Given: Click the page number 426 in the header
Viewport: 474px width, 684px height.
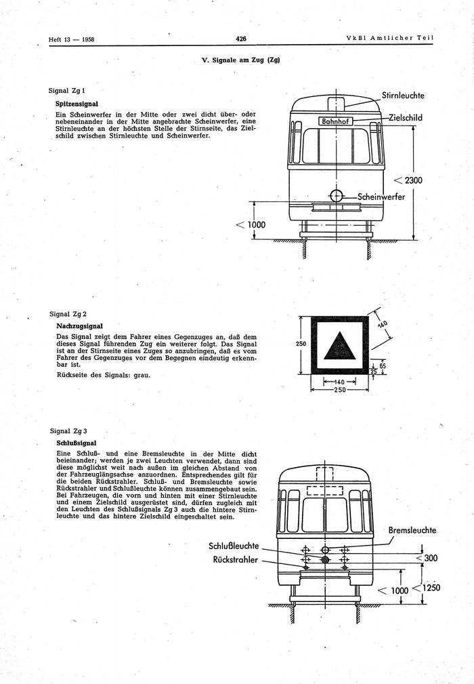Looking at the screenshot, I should click(x=240, y=39).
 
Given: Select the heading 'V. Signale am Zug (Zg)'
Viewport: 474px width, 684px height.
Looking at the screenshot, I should click(x=241, y=60).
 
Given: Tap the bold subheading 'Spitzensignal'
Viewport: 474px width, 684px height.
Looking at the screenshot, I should click(x=77, y=104).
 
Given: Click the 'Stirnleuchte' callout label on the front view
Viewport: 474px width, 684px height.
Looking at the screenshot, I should click(x=403, y=96).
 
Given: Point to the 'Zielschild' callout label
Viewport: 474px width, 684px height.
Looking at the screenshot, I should click(x=405, y=117).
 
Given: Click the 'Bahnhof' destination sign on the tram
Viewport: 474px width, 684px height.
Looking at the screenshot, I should click(x=335, y=122).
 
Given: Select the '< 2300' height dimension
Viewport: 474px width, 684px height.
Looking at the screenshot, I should click(x=407, y=180).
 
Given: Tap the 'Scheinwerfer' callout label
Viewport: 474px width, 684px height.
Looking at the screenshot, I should click(x=381, y=197).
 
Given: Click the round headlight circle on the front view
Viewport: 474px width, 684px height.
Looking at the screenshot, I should click(x=336, y=197).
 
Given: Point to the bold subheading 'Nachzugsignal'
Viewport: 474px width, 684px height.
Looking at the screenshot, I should click(x=79, y=326).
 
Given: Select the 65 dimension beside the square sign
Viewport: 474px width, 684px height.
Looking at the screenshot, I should click(x=383, y=365).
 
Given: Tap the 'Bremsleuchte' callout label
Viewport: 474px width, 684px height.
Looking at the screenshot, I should click(x=412, y=530).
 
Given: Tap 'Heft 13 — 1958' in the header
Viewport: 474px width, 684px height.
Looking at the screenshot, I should click(x=71, y=39).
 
